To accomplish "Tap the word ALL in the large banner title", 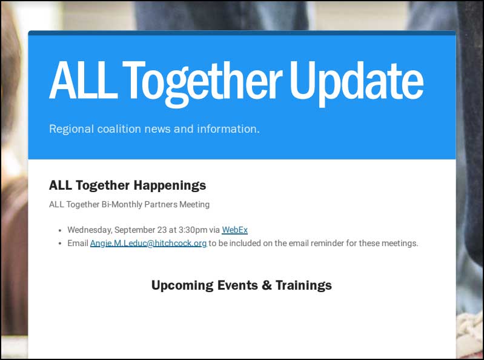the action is pyautogui.click(x=83, y=80).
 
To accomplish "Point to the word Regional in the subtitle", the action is pyautogui.click(x=71, y=129).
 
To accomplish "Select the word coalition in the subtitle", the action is pyautogui.click(x=119, y=128).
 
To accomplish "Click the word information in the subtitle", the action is pyautogui.click(x=228, y=128).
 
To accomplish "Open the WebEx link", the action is pyautogui.click(x=234, y=230).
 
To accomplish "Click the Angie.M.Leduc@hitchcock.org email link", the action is pyautogui.click(x=148, y=244).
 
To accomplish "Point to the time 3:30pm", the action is pyautogui.click(x=193, y=230).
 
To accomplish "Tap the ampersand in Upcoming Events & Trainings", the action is pyautogui.click(x=267, y=285).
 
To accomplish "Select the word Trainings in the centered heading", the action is pyautogui.click(x=303, y=285).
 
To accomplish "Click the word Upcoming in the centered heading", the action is pyautogui.click(x=182, y=286).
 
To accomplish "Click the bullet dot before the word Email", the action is pyautogui.click(x=60, y=244).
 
